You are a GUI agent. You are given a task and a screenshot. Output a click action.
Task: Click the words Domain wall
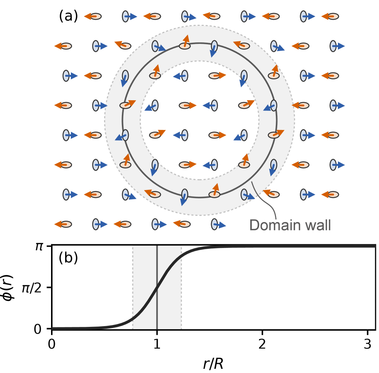290,225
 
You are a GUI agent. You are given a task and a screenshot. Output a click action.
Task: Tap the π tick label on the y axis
39,247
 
